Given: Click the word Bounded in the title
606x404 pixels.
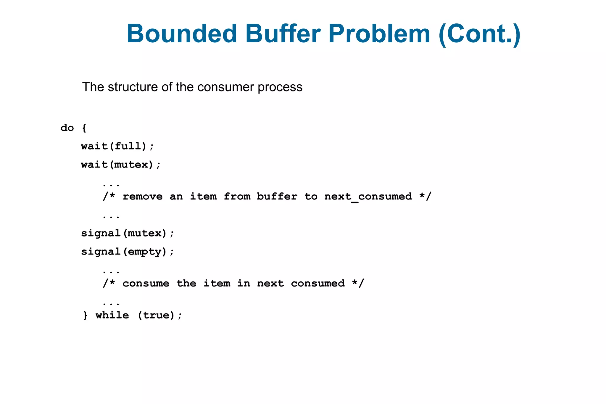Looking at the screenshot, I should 182,33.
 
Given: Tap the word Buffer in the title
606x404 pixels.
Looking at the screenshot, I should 283,33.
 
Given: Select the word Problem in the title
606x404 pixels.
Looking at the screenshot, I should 379,33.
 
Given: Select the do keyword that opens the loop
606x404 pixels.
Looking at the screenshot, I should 67,128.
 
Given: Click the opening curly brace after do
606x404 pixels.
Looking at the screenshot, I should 84,128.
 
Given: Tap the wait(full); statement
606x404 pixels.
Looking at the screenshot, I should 117,146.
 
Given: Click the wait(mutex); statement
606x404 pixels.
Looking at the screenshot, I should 121,165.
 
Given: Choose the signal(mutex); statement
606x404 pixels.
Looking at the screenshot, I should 128,233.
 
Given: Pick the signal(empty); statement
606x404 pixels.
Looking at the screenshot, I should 128,252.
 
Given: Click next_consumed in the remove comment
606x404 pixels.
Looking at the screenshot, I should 368,197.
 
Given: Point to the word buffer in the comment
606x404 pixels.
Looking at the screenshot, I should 277,197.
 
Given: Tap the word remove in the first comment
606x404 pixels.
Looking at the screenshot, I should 142,197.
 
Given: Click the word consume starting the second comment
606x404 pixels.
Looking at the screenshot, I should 146,284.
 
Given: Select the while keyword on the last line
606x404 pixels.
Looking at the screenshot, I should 112,315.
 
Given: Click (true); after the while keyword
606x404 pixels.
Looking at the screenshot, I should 160,315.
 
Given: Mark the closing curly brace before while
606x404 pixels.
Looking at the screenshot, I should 85,315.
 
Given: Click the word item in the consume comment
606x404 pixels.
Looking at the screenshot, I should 217,284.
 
